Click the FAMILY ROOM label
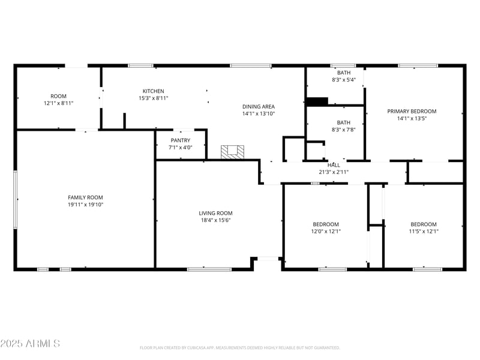[x=85, y=197]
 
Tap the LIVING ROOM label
[x=215, y=213]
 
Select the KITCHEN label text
[x=153, y=91]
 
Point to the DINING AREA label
[x=259, y=106]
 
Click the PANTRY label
[x=180, y=140]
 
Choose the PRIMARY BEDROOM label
[x=412, y=111]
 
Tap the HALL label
[x=334, y=165]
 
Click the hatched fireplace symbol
[x=233, y=152]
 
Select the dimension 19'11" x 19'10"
[x=85, y=205]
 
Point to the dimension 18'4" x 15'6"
[x=215, y=220]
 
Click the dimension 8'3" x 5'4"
[x=344, y=80]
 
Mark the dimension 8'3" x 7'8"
[x=344, y=129]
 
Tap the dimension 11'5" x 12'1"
[x=424, y=231]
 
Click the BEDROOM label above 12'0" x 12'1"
[x=325, y=224]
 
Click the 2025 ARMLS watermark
[x=30, y=344]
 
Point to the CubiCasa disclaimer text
[x=240, y=347]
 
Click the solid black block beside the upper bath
[x=317, y=101]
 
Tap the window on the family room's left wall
[x=16, y=199]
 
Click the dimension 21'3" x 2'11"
[x=334, y=172]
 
